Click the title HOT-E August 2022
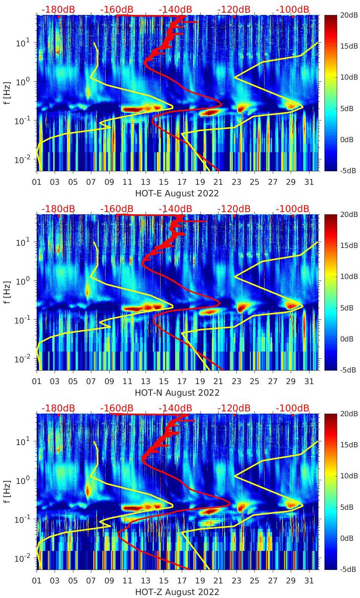pos(177,193)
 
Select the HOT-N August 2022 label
pos(177,393)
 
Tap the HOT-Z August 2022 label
pos(177,592)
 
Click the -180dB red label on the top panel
pos(58,10)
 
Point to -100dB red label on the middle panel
pos(293,209)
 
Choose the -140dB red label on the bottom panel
pos(175,408)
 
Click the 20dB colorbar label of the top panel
pos(348,16)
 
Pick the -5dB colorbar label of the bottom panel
pos(348,570)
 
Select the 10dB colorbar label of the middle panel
pos(348,276)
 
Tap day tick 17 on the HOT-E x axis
pos(182,182)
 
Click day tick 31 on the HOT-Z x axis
pos(309,581)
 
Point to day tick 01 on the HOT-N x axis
pos(37,381)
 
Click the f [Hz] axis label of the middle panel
pos(7,292)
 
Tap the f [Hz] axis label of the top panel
pos(7,93)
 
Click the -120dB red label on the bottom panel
pos(234,408)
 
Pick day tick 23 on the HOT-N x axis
pos(236,381)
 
